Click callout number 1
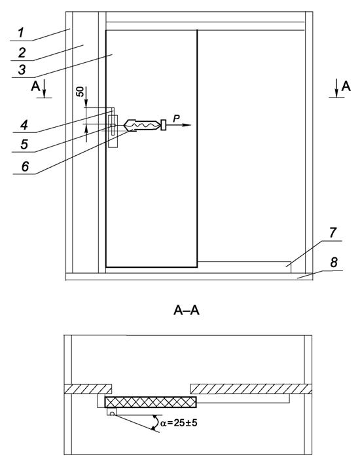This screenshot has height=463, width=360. [20, 33]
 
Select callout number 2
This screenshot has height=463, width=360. [22, 53]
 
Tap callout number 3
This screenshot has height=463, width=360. [22, 70]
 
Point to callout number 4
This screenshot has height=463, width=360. [24, 125]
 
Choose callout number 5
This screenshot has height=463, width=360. [24, 144]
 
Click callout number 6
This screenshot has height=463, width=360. [25, 166]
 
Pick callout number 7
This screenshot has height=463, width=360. [333, 232]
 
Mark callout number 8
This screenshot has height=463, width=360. [333, 262]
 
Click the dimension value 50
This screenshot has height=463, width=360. [81, 92]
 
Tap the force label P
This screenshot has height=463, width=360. [176, 119]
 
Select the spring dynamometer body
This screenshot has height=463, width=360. [142, 126]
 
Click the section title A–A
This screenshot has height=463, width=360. [187, 310]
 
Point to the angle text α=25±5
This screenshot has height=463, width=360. [179, 423]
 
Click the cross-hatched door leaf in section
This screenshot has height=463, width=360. [151, 402]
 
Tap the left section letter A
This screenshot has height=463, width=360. [35, 86]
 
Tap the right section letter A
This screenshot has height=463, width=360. [346, 86]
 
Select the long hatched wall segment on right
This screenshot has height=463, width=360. [251, 388]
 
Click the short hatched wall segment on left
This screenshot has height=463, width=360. [88, 388]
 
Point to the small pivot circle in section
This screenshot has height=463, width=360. [112, 414]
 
